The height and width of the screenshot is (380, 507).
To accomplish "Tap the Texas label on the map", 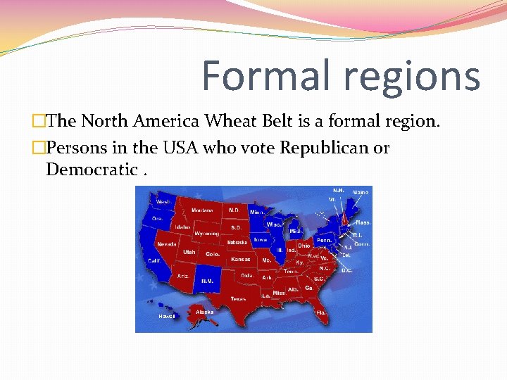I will tap(238, 298).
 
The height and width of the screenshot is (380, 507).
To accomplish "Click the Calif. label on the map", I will tap(154, 260).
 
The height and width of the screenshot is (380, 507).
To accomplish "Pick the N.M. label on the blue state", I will tap(207, 281).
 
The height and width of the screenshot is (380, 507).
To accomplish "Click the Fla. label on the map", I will tap(321, 312).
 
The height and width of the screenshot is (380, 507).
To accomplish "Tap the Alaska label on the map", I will tap(205, 312).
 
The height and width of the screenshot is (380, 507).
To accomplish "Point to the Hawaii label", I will tap(166, 317).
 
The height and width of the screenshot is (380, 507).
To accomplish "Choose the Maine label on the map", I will tap(361, 191).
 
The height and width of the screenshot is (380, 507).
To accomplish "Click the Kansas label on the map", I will tap(241, 259).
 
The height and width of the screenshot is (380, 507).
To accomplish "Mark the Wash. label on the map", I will tap(163, 202).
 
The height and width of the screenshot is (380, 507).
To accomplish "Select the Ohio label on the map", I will tap(303, 246).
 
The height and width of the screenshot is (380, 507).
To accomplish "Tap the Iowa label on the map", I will tap(260, 239).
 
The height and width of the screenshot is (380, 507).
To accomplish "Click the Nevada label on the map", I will tap(167, 244).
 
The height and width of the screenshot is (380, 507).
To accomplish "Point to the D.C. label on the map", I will tap(346, 270).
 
